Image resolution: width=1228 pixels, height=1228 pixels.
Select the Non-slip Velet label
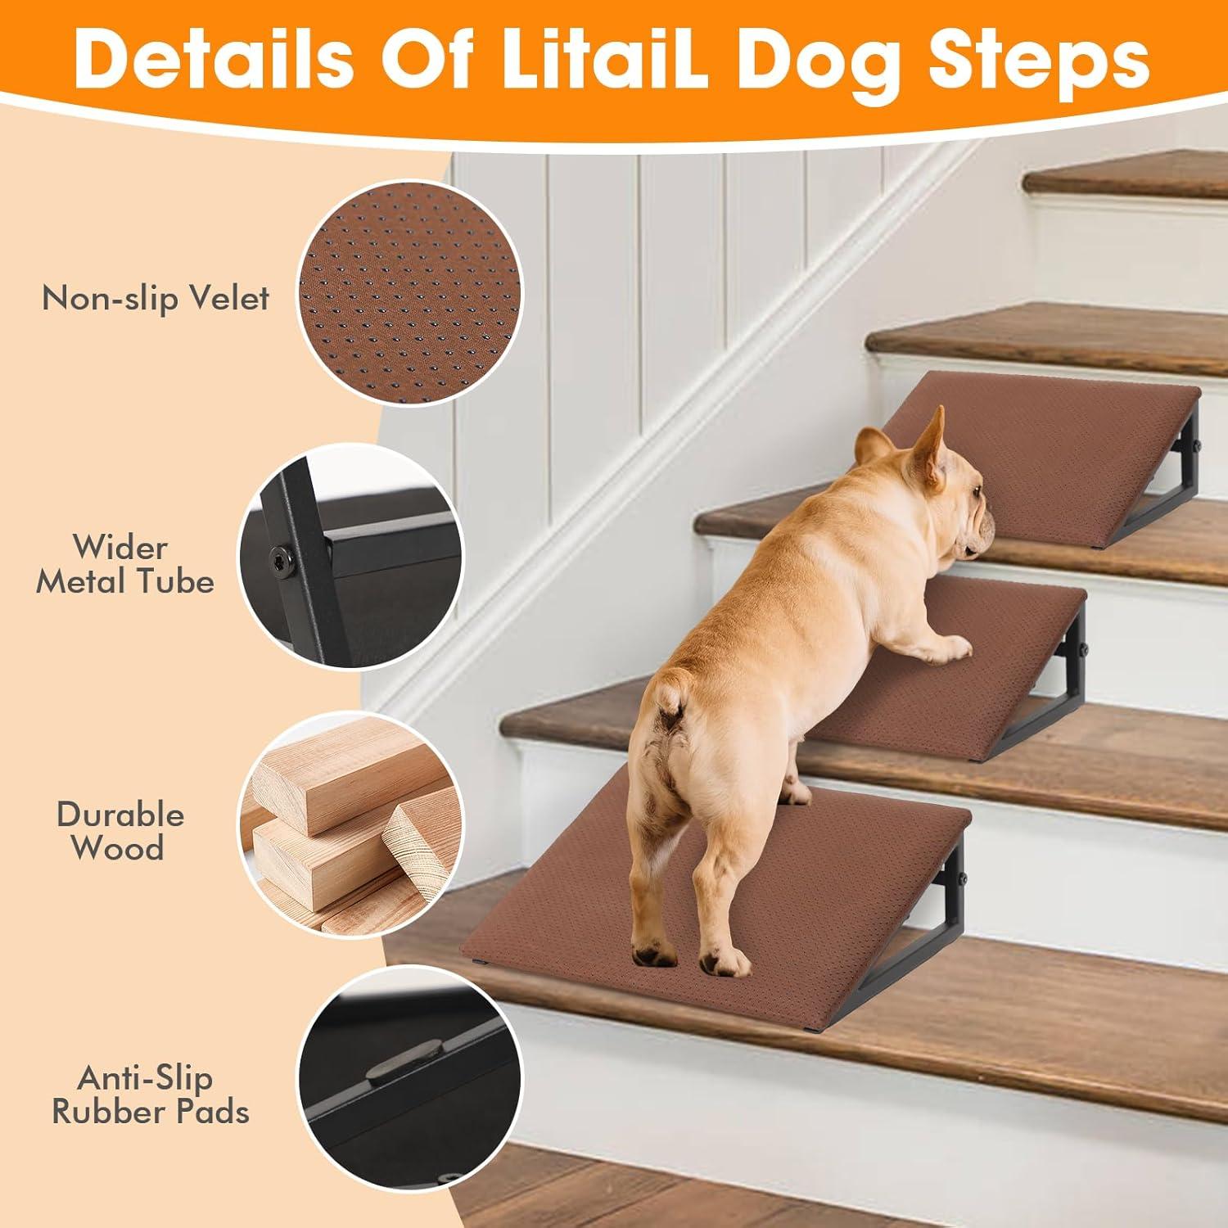[x=156, y=298]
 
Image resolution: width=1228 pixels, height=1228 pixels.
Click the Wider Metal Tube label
[x=124, y=564]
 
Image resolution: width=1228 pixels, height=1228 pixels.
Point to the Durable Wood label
[x=120, y=831]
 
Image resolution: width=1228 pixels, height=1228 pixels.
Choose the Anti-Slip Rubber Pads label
[x=151, y=1095]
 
